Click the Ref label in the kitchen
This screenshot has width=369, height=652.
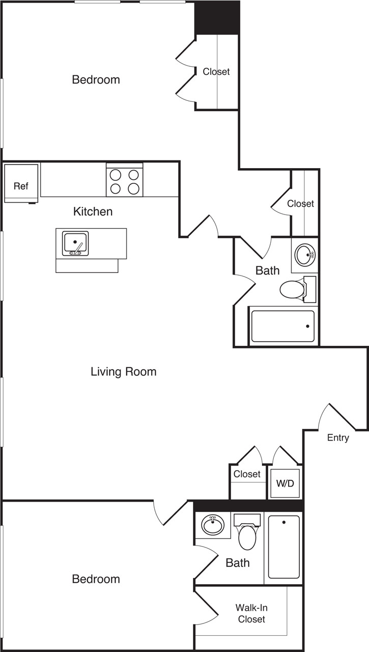tap(21, 186)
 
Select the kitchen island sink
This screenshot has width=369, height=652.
tap(75, 243)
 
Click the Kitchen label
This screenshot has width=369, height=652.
tap(93, 211)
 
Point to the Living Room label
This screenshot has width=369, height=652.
tap(123, 372)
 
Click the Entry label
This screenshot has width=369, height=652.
tap(338, 438)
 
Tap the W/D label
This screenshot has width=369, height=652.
tap(285, 483)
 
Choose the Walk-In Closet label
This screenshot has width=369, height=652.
tap(251, 613)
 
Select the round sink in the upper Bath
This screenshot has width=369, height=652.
tap(305, 255)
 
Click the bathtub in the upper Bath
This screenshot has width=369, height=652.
tap(283, 326)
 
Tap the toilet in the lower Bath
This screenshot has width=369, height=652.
tap(247, 536)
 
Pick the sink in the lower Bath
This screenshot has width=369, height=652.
tap(212, 524)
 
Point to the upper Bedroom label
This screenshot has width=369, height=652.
tap(96, 79)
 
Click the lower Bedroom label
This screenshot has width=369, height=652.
tap(96, 579)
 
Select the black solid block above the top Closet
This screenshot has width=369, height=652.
tap(217, 18)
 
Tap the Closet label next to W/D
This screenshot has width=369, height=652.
tap(247, 474)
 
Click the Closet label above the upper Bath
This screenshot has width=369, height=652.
tap(300, 204)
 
